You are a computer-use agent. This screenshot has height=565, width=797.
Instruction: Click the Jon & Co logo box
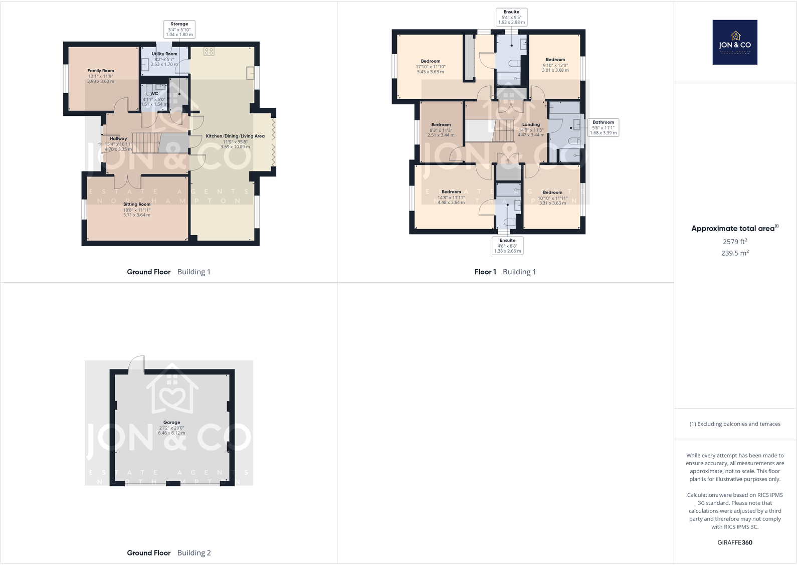click(735, 42)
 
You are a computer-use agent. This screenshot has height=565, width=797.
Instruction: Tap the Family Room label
click(101, 71)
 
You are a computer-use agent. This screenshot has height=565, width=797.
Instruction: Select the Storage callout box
click(179, 29)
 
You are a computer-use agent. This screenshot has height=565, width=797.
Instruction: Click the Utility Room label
click(164, 54)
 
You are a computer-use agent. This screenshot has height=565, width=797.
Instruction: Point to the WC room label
click(154, 94)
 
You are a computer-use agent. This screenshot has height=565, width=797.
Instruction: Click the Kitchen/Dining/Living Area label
click(235, 136)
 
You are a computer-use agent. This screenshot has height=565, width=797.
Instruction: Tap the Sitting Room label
click(137, 205)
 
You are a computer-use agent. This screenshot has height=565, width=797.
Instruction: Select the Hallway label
click(118, 139)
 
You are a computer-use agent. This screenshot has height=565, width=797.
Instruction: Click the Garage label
click(171, 423)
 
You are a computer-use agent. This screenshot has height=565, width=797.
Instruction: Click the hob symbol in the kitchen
click(209, 51)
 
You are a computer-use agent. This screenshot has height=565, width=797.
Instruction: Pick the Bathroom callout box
click(603, 127)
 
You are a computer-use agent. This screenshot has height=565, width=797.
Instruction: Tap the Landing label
click(531, 125)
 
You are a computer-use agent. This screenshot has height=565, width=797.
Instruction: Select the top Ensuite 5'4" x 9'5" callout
click(511, 17)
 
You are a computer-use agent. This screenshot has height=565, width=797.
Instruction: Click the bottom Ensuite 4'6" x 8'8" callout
click(507, 246)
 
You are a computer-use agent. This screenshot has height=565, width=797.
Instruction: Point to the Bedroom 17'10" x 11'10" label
click(431, 61)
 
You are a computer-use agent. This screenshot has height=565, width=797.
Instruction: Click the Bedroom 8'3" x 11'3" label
click(441, 125)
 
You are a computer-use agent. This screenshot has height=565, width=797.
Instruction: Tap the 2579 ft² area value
click(735, 242)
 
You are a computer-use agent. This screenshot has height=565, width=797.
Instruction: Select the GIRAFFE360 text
click(735, 542)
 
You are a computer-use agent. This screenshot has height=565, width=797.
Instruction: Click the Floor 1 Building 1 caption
click(505, 272)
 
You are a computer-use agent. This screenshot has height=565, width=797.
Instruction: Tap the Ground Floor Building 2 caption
click(168, 553)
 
